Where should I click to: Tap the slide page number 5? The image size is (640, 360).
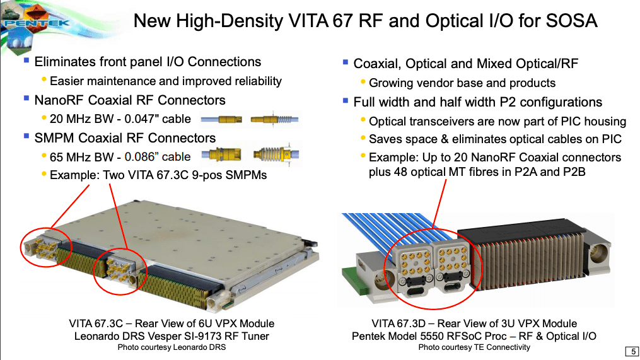click(x=632, y=351)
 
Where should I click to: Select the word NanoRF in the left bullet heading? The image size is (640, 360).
click(x=60, y=100)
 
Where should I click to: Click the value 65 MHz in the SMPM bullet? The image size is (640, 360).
click(x=70, y=157)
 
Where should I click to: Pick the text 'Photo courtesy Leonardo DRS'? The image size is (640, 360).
click(x=172, y=347)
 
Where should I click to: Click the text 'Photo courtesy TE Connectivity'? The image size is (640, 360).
click(x=474, y=347)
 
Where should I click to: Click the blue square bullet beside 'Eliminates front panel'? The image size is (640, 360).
click(x=27, y=61)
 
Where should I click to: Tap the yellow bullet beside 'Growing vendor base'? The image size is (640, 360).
click(x=363, y=82)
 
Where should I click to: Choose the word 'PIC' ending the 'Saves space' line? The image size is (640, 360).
click(x=612, y=139)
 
